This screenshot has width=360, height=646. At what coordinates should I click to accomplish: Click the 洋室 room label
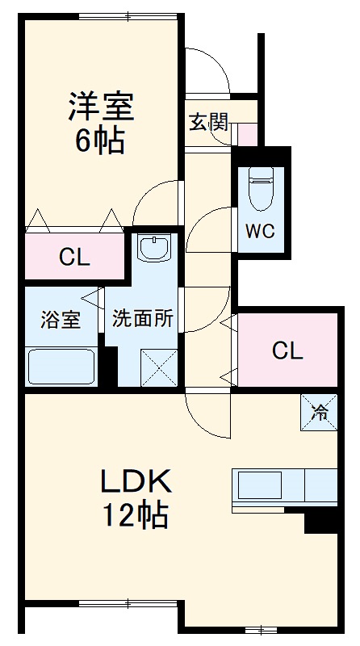[x=101, y=105]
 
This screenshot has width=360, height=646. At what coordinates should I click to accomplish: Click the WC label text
[x=260, y=231]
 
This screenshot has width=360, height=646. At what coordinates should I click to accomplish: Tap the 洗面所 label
[x=143, y=318]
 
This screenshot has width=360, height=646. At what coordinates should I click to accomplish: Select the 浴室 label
[x=61, y=318]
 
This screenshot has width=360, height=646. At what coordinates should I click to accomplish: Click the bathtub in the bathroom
[x=62, y=366]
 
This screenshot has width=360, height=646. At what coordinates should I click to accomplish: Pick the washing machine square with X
[x=158, y=367]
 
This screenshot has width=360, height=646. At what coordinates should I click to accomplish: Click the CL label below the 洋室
[x=74, y=258]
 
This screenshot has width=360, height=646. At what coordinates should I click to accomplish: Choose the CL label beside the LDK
[x=287, y=350]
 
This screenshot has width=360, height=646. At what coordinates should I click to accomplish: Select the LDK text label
[x=135, y=482]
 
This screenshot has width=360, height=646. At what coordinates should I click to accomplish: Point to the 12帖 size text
[x=135, y=514]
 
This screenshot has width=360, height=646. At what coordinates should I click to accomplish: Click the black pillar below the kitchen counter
[x=320, y=522]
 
